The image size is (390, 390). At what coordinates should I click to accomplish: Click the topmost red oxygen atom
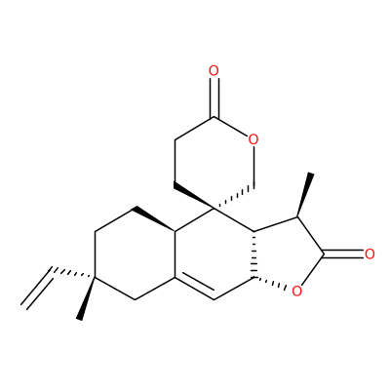[214, 70]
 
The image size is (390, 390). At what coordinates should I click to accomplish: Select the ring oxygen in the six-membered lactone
[253, 139]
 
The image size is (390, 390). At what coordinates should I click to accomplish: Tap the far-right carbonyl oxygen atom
[370, 254]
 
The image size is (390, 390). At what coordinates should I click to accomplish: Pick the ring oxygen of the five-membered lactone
[296, 291]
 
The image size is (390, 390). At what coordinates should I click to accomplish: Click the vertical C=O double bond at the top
[214, 97]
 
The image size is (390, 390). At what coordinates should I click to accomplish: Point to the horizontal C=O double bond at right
[343, 254]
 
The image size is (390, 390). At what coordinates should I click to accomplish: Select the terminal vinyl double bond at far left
[38, 288]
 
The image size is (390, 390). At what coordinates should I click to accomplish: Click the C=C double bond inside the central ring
[196, 287]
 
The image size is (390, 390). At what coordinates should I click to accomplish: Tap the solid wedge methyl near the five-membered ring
[305, 195]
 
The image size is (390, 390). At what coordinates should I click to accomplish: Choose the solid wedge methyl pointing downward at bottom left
[87, 298]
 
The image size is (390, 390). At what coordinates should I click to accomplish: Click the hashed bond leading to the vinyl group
[74, 273]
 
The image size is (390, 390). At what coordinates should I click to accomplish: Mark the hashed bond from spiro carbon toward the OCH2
[234, 197]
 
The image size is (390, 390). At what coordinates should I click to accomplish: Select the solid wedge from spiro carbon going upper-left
[194, 196]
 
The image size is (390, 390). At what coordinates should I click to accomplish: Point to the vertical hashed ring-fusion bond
[254, 254]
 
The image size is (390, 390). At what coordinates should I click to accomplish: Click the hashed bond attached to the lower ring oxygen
[270, 283]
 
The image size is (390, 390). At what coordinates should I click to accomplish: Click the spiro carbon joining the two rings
[214, 208]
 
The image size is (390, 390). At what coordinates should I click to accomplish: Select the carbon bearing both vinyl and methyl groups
[95, 278]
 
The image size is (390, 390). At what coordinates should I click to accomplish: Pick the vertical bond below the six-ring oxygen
[253, 167]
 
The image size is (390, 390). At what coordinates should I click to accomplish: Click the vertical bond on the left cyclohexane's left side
[95, 254]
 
